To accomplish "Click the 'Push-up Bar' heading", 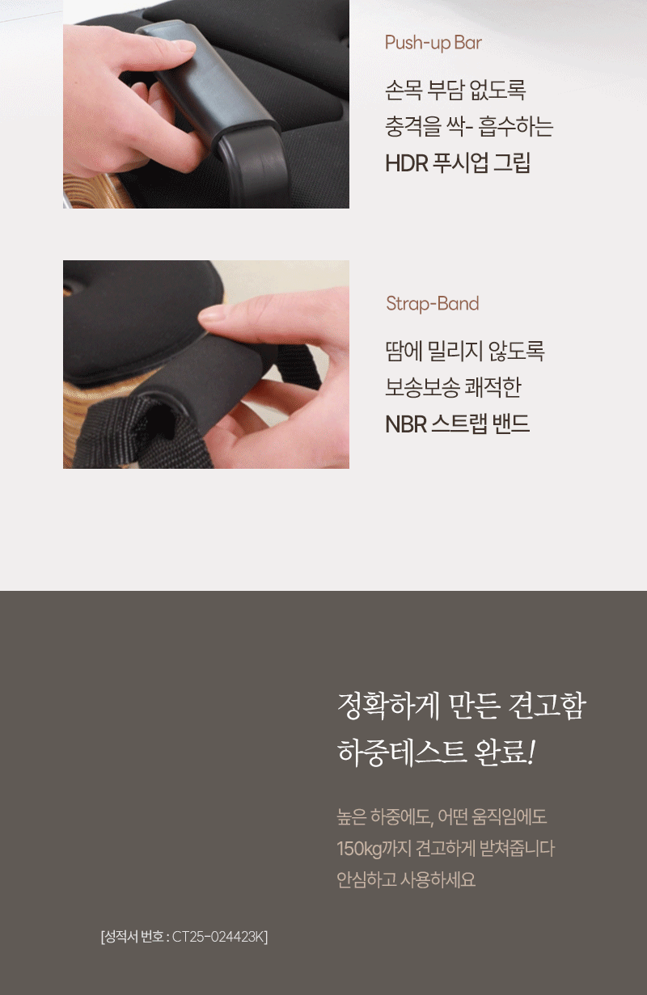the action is pyautogui.click(x=433, y=43).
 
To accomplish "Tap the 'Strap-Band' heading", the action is pyautogui.click(x=433, y=304).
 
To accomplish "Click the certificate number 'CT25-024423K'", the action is pyautogui.click(x=218, y=937).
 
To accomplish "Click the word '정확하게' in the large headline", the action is pyautogui.click(x=388, y=706).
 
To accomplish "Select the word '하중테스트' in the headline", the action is pyautogui.click(x=402, y=753).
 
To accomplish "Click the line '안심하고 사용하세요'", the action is pyautogui.click(x=406, y=879).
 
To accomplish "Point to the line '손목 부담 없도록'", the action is pyautogui.click(x=455, y=90).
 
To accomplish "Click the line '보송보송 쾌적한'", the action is pyautogui.click(x=453, y=387).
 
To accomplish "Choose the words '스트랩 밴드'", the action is pyautogui.click(x=480, y=424).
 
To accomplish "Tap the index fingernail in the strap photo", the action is pyautogui.click(x=212, y=316).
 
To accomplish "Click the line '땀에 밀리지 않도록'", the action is pyautogui.click(x=464, y=351).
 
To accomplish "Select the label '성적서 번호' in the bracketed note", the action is pyautogui.click(x=133, y=937).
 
